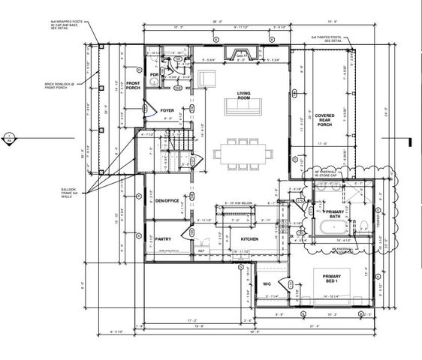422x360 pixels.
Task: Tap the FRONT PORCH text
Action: pos(134,86)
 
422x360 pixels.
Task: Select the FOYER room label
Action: pos(167,110)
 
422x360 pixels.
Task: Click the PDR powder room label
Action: pos(154,74)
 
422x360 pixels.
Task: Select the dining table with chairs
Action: pos(243,152)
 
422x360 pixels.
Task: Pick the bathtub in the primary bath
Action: pos(330,228)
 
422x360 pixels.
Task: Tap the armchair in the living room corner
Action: pos(206,79)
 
